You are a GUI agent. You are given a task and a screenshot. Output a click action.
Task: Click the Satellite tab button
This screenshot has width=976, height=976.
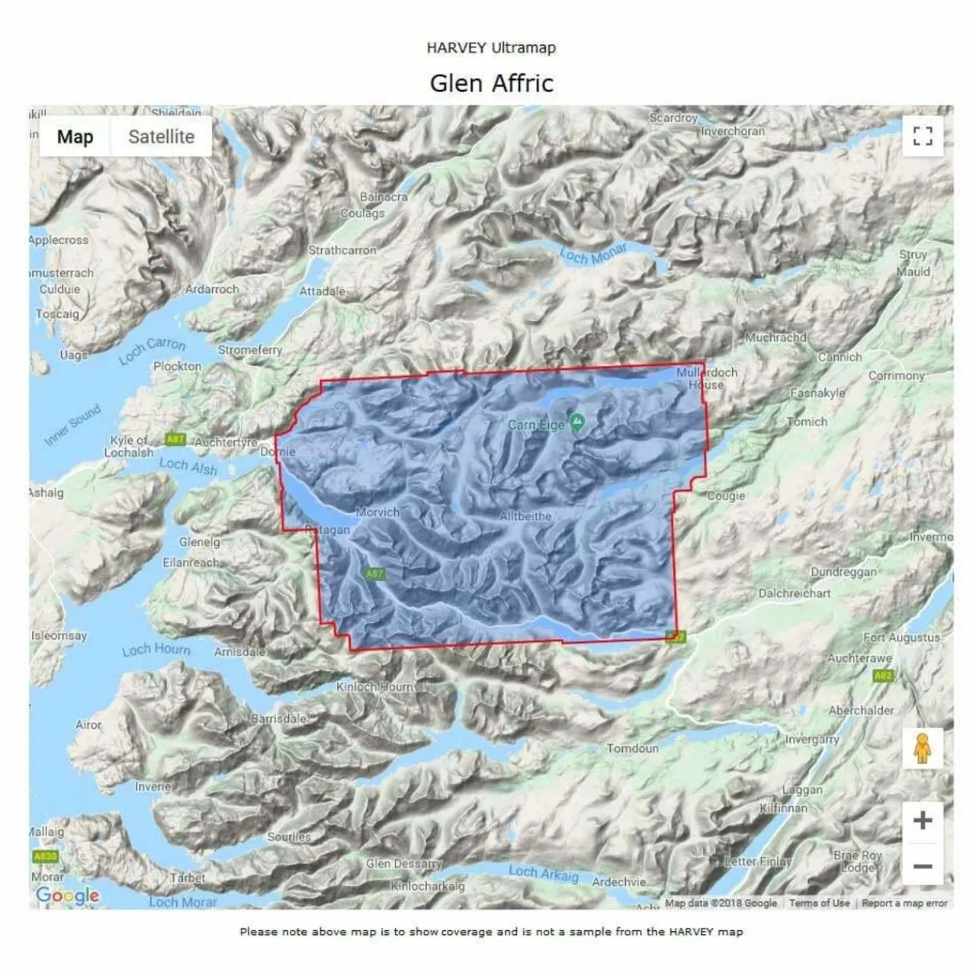pos(161,137)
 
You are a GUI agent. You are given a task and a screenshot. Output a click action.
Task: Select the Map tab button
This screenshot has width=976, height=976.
pos(75,137)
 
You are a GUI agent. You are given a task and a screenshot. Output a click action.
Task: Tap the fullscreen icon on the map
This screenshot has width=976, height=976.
pos(923,136)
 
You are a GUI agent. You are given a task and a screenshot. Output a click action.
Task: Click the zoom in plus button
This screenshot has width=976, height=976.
pos(923,820)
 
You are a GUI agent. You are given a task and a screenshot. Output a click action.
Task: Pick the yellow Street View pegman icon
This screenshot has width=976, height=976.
pos(923,748)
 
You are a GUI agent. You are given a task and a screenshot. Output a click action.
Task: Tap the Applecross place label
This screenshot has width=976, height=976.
pos(59,240)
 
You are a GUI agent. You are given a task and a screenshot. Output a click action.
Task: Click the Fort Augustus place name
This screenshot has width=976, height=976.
pos(901,637)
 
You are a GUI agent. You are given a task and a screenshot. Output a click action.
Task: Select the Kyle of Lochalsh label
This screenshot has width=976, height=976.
pos(129,446)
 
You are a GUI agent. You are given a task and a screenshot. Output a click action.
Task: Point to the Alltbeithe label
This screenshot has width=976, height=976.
pos(525,516)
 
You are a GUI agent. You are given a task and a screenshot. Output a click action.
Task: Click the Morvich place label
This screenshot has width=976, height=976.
pos(377,512)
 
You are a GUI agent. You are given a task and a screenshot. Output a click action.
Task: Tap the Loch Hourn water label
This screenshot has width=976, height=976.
pos(156,650)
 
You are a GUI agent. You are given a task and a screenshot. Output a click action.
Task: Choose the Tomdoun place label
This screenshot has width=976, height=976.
pos(632,749)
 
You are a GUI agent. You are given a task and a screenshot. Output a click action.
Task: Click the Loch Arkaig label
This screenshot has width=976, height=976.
pos(543,873)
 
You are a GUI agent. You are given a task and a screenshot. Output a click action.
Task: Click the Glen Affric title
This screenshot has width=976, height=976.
pos(491,83)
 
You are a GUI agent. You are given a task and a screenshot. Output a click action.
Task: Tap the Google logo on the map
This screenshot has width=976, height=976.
pos(68,895)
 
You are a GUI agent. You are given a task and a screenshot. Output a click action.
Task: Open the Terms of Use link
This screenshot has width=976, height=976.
pos(819,903)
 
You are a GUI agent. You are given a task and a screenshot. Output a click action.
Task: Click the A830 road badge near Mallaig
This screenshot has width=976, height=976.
pos(46,856)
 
